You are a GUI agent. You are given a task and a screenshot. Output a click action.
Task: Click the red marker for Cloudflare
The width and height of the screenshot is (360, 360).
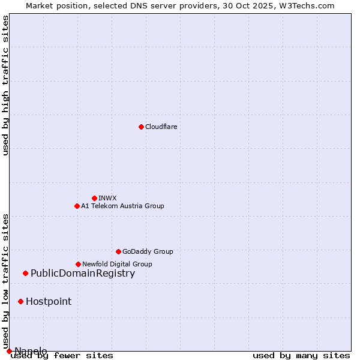[141, 127]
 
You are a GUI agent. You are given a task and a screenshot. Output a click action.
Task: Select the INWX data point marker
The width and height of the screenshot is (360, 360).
[94, 198]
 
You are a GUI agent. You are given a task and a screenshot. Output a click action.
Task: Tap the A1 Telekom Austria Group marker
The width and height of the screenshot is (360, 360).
[77, 206]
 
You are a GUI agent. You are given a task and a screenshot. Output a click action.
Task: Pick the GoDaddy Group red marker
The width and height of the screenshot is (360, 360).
[118, 251]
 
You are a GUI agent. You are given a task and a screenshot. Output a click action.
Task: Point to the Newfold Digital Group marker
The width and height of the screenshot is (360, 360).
[78, 264]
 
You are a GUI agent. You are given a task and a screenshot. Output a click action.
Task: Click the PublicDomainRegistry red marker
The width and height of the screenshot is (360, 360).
[25, 274]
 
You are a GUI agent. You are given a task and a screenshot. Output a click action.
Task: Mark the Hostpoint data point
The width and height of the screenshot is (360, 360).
[20, 301]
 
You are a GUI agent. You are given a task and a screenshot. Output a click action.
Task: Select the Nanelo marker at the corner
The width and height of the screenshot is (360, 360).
[9, 351]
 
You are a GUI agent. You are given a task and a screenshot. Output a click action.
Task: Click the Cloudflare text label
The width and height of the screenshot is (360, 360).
[161, 127]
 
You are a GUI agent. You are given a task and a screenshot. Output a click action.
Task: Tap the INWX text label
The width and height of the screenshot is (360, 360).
[107, 198]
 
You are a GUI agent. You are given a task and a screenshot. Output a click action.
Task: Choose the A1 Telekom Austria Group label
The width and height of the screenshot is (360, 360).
[122, 206]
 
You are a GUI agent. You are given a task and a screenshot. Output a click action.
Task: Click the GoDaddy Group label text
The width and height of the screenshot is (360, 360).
[148, 251]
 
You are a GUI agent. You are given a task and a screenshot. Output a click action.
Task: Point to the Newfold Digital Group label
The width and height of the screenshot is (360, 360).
[117, 264]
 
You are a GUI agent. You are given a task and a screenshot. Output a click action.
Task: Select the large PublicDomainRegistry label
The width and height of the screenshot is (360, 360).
[83, 274]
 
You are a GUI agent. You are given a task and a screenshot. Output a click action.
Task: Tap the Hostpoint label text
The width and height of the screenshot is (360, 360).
[49, 301]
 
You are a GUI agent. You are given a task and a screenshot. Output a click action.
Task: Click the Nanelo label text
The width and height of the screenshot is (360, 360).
[31, 351]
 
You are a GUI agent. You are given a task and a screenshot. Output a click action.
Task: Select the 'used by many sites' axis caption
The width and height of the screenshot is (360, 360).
[301, 355]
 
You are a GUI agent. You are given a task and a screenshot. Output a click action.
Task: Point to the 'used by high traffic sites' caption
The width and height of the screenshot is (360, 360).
[5, 85]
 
